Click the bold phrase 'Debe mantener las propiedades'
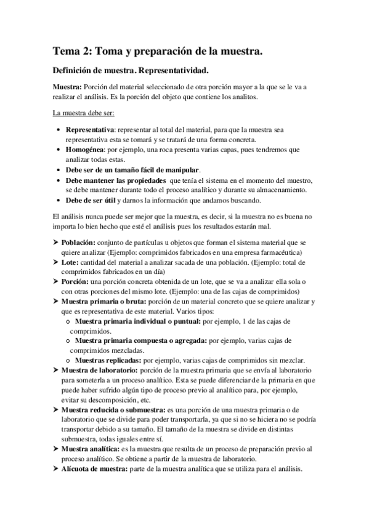tap(115, 180)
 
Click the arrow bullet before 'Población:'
tap(55, 243)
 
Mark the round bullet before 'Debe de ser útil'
tap(58, 201)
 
